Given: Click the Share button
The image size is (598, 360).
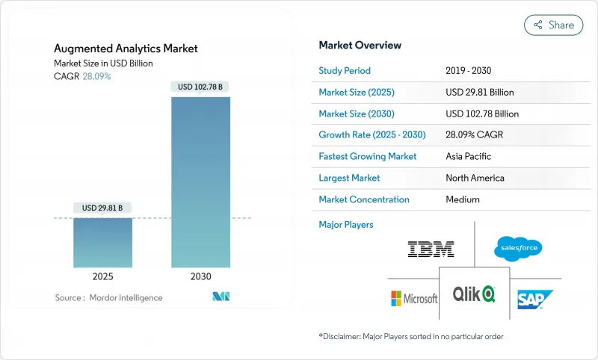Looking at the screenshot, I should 554,25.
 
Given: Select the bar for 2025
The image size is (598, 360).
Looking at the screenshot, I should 102,242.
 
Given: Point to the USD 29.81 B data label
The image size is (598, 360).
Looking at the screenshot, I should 102,208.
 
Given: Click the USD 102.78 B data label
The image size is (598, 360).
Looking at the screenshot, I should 200,87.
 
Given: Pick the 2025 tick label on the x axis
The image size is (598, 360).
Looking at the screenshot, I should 102,276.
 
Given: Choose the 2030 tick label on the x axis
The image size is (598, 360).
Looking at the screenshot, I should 200,276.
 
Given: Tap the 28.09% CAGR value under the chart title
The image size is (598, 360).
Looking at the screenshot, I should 96,76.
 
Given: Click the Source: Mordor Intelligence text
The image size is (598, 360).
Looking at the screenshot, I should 108,297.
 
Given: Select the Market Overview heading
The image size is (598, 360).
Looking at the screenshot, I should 360,46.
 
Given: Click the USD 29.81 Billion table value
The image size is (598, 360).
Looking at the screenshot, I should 479,93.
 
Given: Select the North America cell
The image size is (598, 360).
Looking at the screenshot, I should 474,178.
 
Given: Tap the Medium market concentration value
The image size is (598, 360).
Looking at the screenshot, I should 462,199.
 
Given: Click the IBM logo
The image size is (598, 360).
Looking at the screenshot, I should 431,249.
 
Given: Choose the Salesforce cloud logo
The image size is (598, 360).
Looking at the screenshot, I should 518,248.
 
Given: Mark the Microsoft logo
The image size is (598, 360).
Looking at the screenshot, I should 413,299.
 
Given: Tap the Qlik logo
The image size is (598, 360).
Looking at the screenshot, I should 474,294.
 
